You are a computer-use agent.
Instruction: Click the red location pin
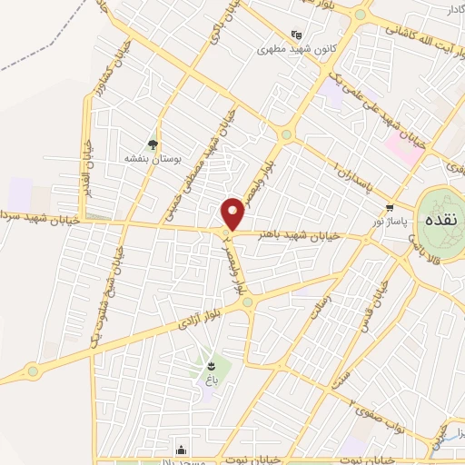(x=234, y=213)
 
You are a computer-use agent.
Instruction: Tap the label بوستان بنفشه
(x=153, y=157)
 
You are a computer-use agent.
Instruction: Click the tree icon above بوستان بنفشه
(x=153, y=143)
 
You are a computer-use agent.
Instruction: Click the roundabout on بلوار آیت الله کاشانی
(x=361, y=14)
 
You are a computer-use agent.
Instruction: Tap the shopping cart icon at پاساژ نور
(x=391, y=207)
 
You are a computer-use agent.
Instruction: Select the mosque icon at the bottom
(x=182, y=448)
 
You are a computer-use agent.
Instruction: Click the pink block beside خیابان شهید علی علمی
(x=403, y=151)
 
